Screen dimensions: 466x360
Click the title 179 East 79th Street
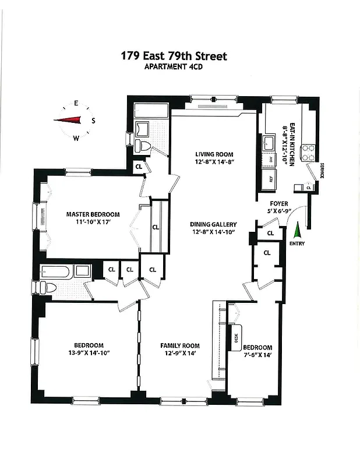coord(174,56)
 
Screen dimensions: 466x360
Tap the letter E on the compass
coord(76,104)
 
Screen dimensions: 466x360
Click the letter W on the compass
coord(76,138)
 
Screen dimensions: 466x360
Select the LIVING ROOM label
coord(214,154)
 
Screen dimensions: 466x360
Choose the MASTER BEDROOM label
coord(93,214)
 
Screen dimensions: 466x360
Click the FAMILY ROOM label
coord(180,345)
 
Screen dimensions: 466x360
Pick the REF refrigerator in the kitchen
coord(271,178)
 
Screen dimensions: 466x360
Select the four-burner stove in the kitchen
coord(308,152)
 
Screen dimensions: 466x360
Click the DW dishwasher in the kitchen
coord(270,159)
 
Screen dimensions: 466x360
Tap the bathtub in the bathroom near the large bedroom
coord(57,271)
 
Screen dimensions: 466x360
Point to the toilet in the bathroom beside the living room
coord(144,145)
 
